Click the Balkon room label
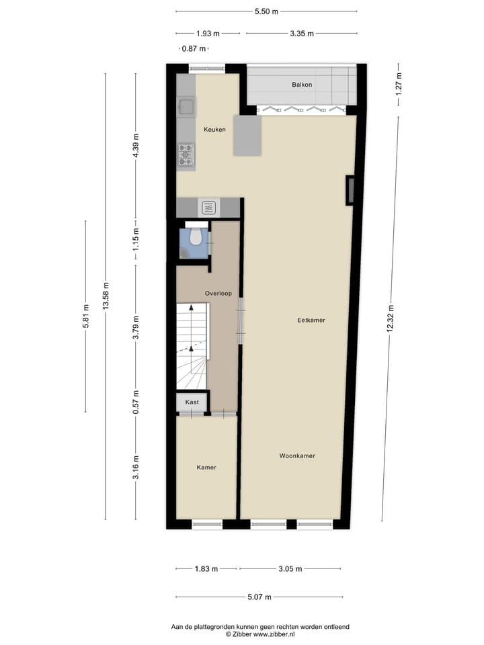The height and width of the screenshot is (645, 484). pos(302,85)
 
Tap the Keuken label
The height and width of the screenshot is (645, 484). pos(214,130)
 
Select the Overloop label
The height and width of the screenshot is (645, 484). pos(219,293)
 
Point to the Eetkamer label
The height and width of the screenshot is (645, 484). pos(311,320)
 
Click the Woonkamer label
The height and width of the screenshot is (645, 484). pos(297,456)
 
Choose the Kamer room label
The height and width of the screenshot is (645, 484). pos(206,467)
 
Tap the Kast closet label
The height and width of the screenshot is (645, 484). pos(192,402)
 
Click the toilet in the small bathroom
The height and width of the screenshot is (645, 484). pos(196,237)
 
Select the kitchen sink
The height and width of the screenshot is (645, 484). pos(186,106)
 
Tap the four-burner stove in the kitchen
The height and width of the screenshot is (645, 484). pos(186,155)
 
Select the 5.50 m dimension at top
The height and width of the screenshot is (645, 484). pos(266,11)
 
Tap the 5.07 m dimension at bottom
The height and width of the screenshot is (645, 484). pos(259,597)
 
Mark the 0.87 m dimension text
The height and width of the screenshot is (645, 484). pos(194,48)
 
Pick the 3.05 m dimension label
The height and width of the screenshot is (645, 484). pos(290,568)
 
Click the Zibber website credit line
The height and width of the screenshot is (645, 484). pos(260,634)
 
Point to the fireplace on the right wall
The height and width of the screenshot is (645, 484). pos(350,190)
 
